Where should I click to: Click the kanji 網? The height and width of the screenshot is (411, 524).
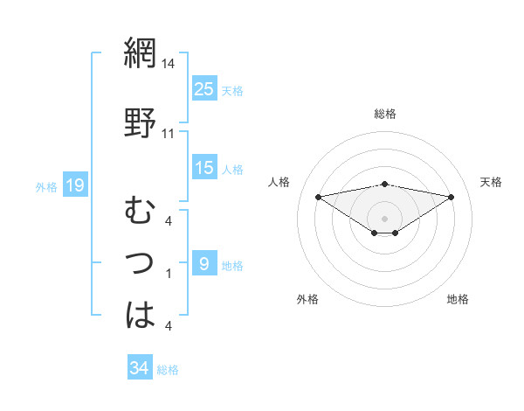[140, 53]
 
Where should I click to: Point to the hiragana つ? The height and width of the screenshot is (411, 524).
[140, 261]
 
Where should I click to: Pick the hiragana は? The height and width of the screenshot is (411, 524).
[140, 315]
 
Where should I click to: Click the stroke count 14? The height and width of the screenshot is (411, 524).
[169, 64]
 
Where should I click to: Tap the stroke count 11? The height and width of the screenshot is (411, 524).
[169, 133]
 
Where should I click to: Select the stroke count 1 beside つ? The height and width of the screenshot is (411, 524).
[168, 274]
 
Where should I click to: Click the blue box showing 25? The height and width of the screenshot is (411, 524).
[204, 88]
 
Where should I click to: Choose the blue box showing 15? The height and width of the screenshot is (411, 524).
[204, 168]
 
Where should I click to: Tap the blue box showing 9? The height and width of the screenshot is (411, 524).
[204, 263]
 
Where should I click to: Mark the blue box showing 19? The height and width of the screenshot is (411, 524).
[75, 185]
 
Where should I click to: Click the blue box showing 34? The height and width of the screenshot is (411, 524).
[139, 368]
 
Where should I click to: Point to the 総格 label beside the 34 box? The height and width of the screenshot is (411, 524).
[168, 370]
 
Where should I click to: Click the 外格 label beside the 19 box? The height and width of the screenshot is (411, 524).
[46, 186]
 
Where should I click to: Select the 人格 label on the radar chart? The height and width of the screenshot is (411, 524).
[279, 182]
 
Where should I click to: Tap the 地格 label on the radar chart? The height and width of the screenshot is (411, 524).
[458, 300]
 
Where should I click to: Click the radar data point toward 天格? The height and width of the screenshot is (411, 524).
[452, 197]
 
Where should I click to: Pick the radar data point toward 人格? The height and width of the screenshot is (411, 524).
[318, 196]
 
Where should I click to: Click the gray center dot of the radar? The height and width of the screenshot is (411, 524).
[384, 218]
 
